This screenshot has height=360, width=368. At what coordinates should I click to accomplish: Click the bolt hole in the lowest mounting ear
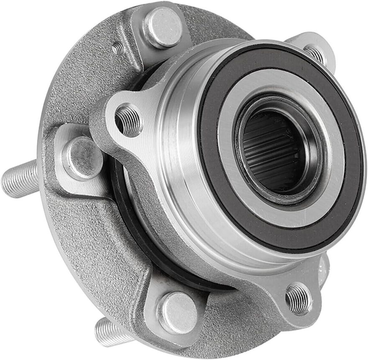point(299,298)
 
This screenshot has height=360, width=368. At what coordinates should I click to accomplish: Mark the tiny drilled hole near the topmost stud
point(118,49)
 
